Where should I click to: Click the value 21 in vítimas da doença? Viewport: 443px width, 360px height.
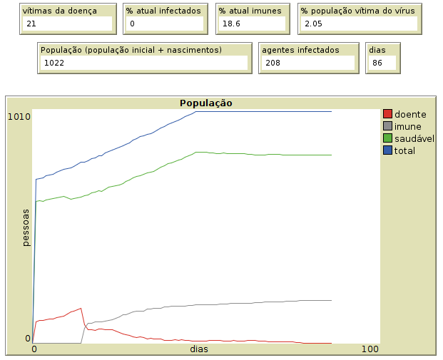point(31,24)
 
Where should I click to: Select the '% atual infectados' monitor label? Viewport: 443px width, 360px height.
point(163,11)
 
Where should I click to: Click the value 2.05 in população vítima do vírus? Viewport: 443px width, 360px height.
point(313,24)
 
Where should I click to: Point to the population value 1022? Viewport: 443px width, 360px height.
point(54,63)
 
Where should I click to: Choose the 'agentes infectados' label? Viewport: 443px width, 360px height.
point(300,50)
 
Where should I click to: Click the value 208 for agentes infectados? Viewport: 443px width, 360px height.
point(273,63)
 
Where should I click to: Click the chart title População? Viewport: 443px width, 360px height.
point(205,103)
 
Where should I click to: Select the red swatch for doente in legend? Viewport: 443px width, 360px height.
point(387,114)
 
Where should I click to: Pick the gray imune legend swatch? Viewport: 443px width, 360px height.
point(387,126)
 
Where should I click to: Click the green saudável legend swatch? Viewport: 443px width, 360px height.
point(387,138)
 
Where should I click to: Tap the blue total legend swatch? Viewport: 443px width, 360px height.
point(387,150)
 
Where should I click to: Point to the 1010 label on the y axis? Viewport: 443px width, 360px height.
point(19,116)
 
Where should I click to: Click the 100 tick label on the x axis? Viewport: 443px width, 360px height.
point(370,349)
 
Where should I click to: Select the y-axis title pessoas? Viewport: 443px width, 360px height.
point(26,227)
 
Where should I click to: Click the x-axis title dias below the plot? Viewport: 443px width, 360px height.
point(199,349)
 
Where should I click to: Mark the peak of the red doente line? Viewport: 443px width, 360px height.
point(81,308)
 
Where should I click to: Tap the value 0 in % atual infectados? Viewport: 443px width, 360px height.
point(132,24)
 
